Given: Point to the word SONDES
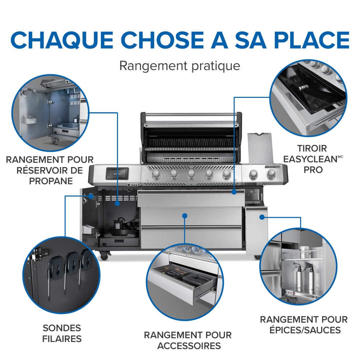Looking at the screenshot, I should (x=62, y=328).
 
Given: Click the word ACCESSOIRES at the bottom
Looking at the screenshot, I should (x=188, y=346).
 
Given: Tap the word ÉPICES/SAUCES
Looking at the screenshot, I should (x=304, y=330).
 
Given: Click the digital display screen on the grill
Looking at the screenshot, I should (x=117, y=174).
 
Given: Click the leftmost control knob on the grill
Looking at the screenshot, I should (x=157, y=175).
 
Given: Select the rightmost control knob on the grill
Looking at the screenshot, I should (x=271, y=175).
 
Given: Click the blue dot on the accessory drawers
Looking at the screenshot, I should (x=185, y=216).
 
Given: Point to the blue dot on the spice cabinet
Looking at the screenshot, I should (x=262, y=217).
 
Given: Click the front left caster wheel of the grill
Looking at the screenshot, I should (x=104, y=257).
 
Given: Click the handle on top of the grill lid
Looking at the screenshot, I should (x=191, y=116).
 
